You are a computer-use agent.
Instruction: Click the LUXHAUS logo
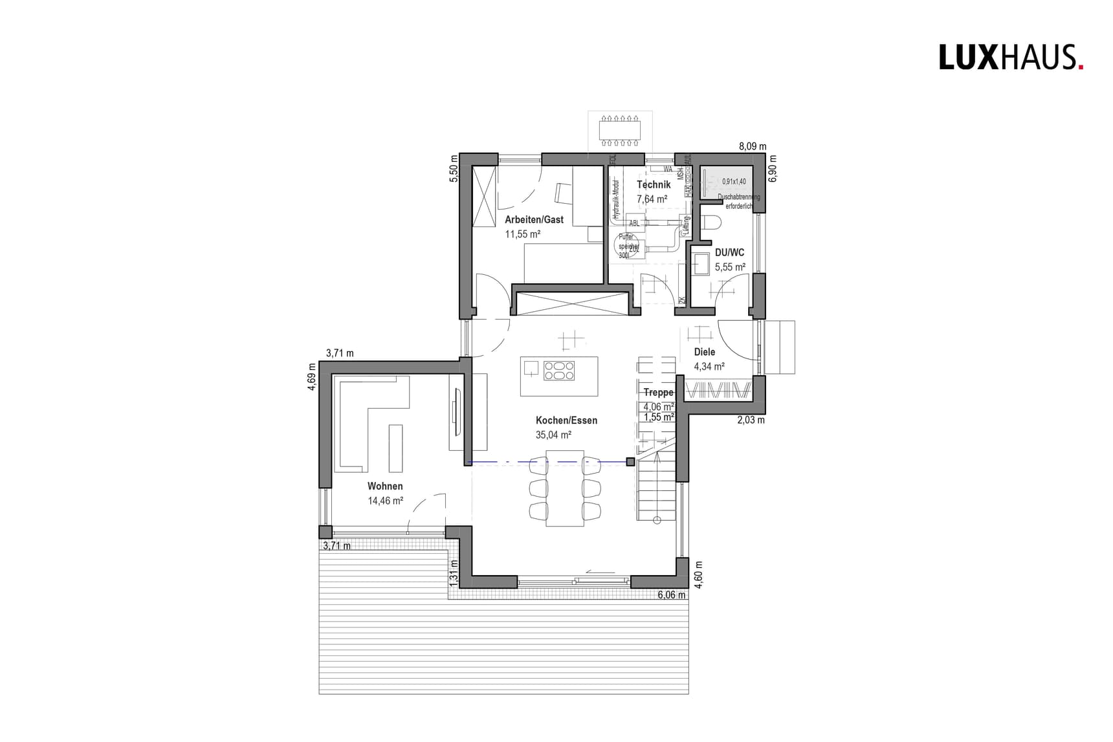[1011, 58]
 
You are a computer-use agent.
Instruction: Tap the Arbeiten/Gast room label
[534, 220]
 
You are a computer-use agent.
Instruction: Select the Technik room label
[654, 185]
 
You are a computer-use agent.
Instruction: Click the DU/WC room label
[729, 253]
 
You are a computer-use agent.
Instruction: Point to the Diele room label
[705, 353]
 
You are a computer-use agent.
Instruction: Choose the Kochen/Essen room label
[566, 420]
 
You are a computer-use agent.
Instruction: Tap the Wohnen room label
[385, 486]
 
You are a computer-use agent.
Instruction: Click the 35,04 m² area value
[553, 435]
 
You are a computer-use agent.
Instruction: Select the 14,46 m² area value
[386, 501]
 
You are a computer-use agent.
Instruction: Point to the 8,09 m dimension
[753, 147]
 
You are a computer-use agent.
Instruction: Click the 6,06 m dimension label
[671, 595]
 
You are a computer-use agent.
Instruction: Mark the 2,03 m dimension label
[751, 420]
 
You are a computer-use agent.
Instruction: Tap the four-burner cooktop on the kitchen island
[559, 371]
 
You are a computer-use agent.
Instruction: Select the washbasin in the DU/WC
[701, 263]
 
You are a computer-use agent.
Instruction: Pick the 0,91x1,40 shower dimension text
[734, 182]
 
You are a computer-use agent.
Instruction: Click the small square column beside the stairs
[630, 461]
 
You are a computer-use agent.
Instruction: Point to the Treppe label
[658, 393]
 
